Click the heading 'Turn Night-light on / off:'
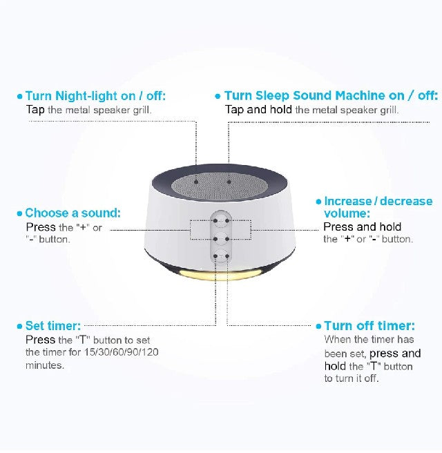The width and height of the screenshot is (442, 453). click(x=95, y=95)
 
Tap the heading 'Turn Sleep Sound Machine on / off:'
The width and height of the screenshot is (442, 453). click(x=331, y=95)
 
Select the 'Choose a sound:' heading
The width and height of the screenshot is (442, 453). click(x=73, y=213)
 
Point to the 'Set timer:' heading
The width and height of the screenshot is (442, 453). click(x=53, y=326)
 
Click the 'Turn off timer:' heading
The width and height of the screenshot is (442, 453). click(x=369, y=326)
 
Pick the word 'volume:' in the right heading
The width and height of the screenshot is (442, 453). click(x=347, y=213)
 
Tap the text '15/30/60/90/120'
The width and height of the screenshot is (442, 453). click(x=122, y=352)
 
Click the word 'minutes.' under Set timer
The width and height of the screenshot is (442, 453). click(x=45, y=365)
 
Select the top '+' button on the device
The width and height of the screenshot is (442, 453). click(x=221, y=221)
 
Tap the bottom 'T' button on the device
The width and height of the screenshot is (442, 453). click(x=221, y=256)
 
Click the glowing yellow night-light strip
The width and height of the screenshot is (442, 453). click(x=221, y=274)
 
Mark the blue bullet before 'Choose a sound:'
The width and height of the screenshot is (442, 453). click(x=19, y=213)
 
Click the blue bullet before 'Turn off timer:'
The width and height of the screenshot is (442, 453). click(x=318, y=327)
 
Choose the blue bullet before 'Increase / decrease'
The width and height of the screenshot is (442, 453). click(x=318, y=202)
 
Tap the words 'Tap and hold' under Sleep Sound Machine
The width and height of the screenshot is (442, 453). click(x=258, y=110)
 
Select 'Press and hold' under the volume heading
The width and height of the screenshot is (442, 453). click(x=363, y=226)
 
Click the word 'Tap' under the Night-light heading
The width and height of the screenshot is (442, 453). click(x=35, y=110)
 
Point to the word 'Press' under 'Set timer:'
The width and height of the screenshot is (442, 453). click(x=41, y=340)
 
